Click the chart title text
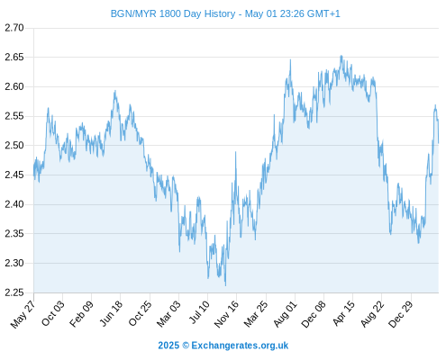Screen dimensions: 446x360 point(225,13)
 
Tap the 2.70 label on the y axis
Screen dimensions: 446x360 point(14,28)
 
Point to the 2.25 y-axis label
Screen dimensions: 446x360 point(14,292)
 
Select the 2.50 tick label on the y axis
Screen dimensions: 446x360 point(14,146)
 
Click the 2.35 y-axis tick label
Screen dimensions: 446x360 point(14,234)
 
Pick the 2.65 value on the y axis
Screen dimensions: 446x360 point(14,58)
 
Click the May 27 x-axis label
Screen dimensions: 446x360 point(23,314)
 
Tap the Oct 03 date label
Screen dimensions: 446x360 point(52,313)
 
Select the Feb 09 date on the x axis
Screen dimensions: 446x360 point(81,314)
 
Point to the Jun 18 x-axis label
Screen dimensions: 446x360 point(111,313)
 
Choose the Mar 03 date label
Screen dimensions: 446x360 point(168,314)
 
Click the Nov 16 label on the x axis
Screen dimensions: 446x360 point(226,314)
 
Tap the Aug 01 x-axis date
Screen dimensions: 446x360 point(285,314)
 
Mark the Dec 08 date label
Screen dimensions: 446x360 point(314,314)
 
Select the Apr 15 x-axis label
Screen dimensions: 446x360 point(343,313)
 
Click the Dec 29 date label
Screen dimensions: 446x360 point(401,314)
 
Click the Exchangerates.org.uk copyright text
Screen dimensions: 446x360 point(223,346)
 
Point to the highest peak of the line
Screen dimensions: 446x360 point(341,56)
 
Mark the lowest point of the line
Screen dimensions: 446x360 point(225,285)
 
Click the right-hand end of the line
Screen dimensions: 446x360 point(439,143)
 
